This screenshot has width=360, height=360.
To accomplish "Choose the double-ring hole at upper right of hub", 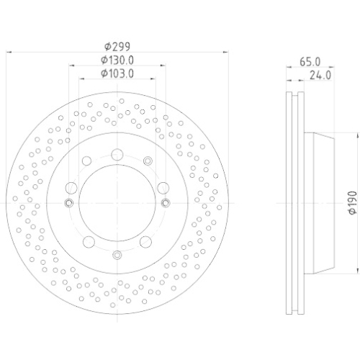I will pos(148,161).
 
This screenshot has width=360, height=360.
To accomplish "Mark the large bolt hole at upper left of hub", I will pos(86,161).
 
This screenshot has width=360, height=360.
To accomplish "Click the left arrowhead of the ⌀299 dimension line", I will pos(9,52).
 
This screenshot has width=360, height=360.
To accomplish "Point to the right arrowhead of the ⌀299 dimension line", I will pos(224,52).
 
